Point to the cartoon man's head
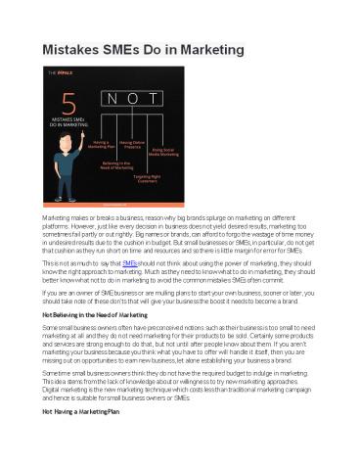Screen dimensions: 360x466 pyautogui.click(x=86, y=162)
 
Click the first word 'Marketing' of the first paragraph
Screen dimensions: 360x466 pyautogui.click(x=54, y=215)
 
